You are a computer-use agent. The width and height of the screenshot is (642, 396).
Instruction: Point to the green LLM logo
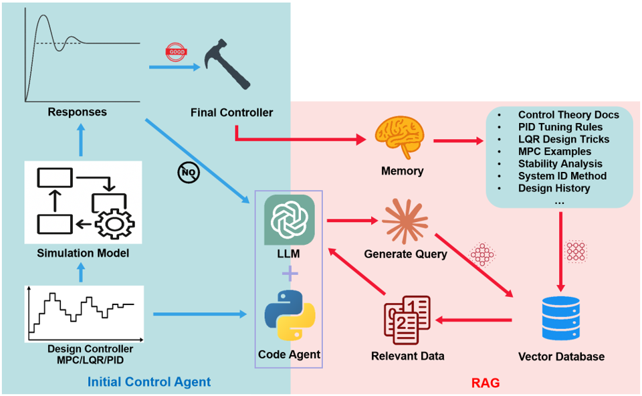(x=289, y=219)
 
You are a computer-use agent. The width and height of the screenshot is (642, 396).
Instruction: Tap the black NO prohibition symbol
(x=188, y=173)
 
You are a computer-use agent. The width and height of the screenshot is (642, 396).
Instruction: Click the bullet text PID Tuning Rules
(x=560, y=127)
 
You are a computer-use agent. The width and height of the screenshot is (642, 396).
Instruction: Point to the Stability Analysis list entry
(x=560, y=164)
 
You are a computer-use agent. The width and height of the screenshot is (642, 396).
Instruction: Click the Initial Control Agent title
(x=149, y=383)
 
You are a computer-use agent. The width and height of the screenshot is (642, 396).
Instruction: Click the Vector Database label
(x=561, y=357)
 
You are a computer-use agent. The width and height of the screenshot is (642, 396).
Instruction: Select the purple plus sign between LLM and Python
(x=289, y=274)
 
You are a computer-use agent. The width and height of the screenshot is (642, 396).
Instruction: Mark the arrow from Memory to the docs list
(x=458, y=141)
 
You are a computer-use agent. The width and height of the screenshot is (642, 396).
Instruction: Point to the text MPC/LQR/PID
(x=90, y=361)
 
